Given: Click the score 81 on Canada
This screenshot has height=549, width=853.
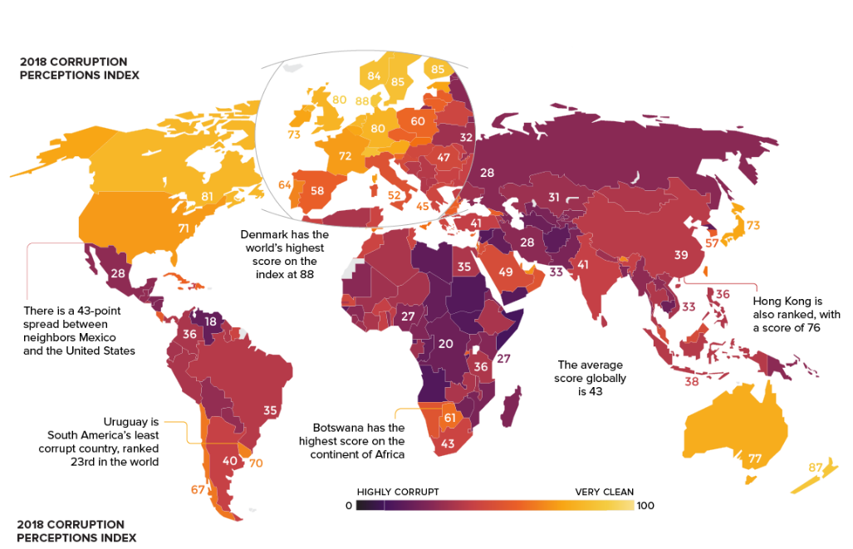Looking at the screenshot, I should tap(208, 197).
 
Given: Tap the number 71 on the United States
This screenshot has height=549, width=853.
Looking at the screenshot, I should tap(184, 227).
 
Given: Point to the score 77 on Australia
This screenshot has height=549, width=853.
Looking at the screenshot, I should tap(754, 458).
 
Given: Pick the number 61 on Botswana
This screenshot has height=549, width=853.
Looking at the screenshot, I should tap(449, 418).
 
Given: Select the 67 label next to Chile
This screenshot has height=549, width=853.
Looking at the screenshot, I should tap(198, 489).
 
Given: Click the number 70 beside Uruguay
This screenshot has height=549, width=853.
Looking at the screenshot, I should tap(255, 462).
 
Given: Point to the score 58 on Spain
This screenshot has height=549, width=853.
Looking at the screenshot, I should tap(316, 190).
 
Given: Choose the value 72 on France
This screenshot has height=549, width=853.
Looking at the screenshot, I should tap(346, 155).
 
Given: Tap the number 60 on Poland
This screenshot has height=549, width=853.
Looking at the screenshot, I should tap(418, 120).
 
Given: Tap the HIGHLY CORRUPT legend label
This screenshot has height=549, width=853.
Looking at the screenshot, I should tap(398, 492).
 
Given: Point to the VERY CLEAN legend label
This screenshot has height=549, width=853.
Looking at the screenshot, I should tap(604, 492).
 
